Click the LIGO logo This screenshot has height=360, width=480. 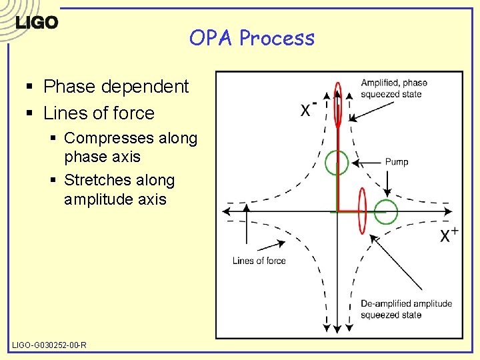37,22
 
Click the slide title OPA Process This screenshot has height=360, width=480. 251,38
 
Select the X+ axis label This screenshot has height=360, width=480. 448,235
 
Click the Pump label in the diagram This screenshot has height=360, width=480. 397,162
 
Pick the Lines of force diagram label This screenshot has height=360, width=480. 259,261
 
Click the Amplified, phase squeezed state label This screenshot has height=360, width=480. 394,89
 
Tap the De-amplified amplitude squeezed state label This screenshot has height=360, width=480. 406,309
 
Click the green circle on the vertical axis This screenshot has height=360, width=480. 337,162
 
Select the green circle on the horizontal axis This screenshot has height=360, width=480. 385,212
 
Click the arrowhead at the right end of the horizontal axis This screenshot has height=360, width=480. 459,211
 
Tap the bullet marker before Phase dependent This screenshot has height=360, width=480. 31,87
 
